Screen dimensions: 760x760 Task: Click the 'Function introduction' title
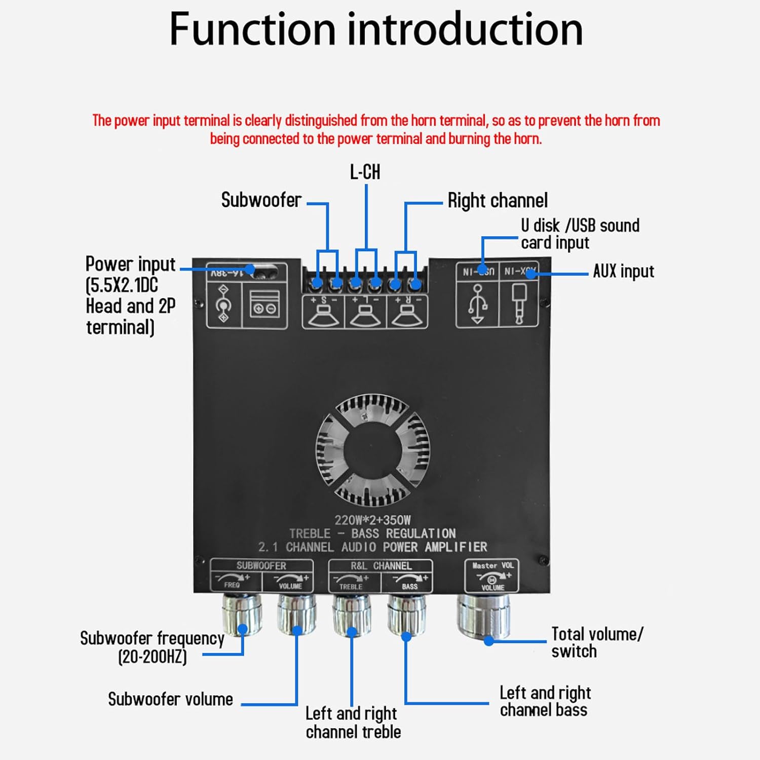(x=375, y=29)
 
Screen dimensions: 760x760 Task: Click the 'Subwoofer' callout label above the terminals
(x=261, y=200)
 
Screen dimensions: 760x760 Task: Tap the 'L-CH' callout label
(x=365, y=172)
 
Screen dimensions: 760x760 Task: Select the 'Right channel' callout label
(x=497, y=201)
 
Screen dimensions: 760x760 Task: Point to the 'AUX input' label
(x=623, y=272)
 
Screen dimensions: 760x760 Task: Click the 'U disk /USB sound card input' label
(x=580, y=234)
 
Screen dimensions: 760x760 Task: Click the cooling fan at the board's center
(x=373, y=450)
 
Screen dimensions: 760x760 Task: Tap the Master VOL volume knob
(x=483, y=616)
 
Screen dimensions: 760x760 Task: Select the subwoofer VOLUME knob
(x=296, y=614)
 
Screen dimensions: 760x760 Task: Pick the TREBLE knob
(x=351, y=614)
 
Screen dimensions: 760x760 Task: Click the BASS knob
(x=406, y=614)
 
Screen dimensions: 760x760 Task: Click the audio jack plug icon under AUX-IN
(x=519, y=303)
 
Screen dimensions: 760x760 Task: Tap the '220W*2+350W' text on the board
(x=372, y=520)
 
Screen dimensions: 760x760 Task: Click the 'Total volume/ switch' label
(x=596, y=642)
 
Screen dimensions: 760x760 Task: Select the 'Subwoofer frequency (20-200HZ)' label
(x=152, y=647)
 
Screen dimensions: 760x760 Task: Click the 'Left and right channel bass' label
(x=545, y=701)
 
